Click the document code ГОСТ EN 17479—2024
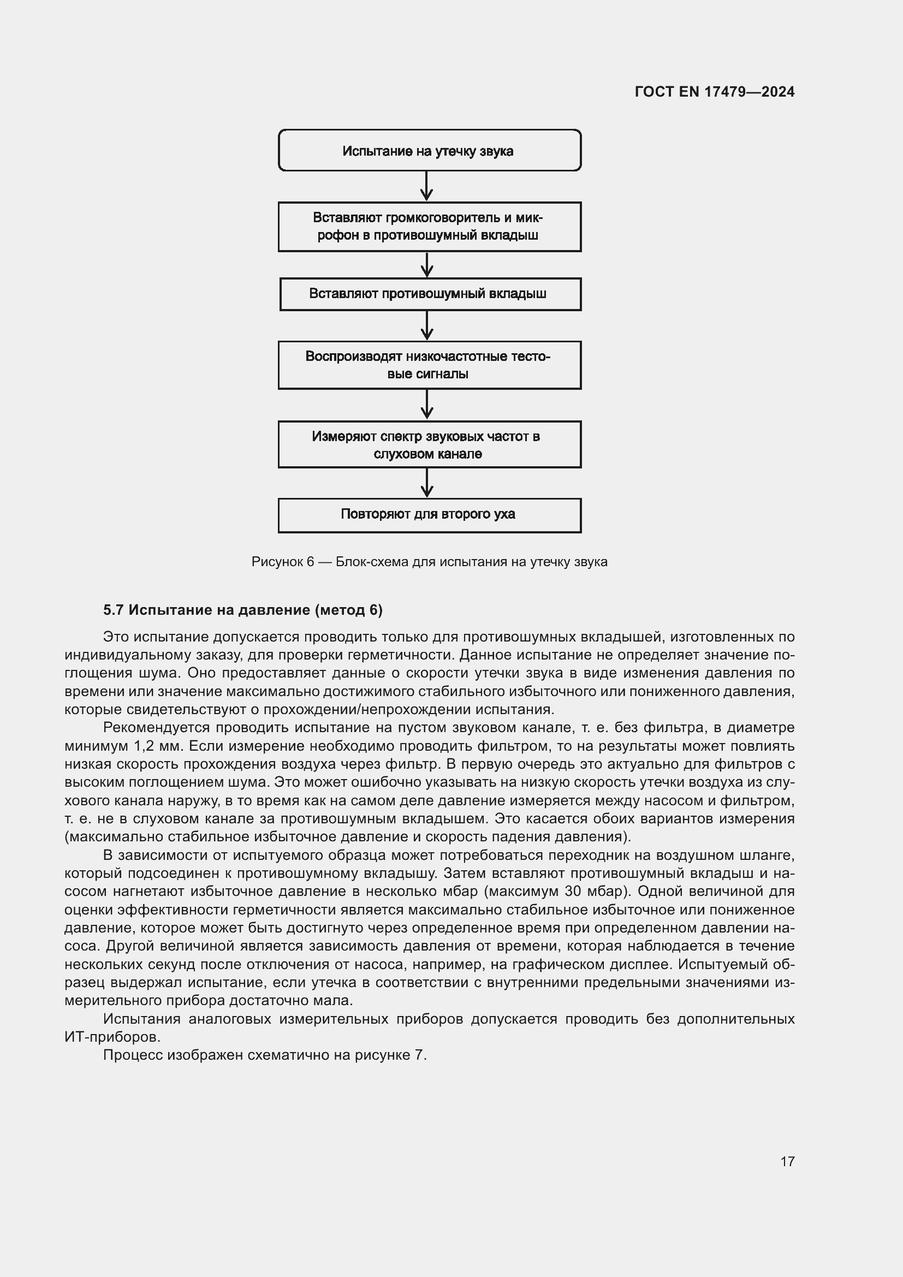[714, 92]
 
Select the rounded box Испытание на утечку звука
[429, 151]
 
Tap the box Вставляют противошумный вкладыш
[429, 294]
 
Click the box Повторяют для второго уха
[429, 514]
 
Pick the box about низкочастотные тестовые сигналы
[429, 365]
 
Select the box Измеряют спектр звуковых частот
[429, 444]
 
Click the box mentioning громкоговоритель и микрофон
[429, 227]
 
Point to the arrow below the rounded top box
[426, 186]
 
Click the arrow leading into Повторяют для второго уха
[426, 482]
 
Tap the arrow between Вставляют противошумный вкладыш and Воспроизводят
[426, 325]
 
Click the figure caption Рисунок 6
[429, 562]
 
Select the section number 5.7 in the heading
[113, 610]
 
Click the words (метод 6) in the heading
[349, 610]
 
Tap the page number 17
[787, 1161]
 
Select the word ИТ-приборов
[112, 1037]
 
